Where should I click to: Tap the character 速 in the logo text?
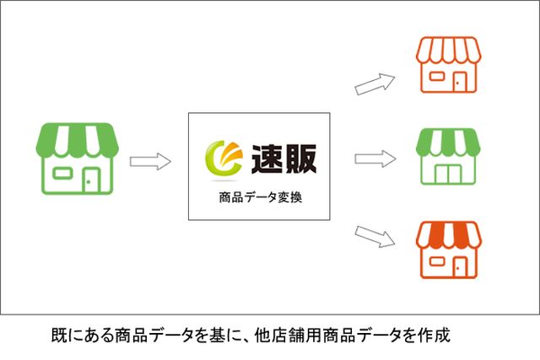267,159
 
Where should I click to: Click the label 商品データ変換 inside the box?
261,197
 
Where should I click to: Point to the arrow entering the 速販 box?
150,161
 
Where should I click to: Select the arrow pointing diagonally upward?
375,83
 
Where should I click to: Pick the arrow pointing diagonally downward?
375,236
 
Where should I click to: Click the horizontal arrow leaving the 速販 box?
375,159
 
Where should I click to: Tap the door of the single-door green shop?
90,180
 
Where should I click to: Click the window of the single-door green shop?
62,173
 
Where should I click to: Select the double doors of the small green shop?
448,175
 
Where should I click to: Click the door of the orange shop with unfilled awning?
459,83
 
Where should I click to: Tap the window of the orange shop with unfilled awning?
437,77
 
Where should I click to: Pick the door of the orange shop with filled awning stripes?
459,266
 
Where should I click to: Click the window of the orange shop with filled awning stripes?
437,261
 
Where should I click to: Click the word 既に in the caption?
67,336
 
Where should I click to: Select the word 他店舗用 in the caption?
288,336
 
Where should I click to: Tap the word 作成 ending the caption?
434,336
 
